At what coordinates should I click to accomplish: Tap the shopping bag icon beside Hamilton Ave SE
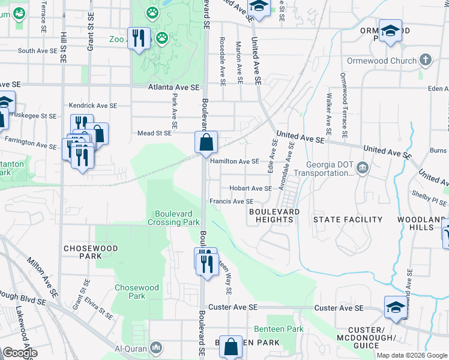[206, 143]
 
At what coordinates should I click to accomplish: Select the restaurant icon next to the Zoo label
[139, 38]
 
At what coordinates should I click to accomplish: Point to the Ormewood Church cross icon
[425, 60]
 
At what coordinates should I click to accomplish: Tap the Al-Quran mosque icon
[156, 347]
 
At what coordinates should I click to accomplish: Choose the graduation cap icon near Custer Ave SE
[396, 307]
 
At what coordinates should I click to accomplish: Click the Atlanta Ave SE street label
[173, 88]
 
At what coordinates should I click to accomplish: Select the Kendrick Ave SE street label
[93, 105]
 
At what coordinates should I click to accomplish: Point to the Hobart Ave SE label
[250, 188]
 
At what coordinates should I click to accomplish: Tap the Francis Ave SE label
[231, 202]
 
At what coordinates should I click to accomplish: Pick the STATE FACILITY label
[348, 220]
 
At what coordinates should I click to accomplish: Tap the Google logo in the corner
[20, 353]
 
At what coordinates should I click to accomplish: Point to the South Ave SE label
[37, 51]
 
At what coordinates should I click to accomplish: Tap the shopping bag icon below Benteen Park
[231, 346]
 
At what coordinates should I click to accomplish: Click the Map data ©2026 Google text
[411, 355]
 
